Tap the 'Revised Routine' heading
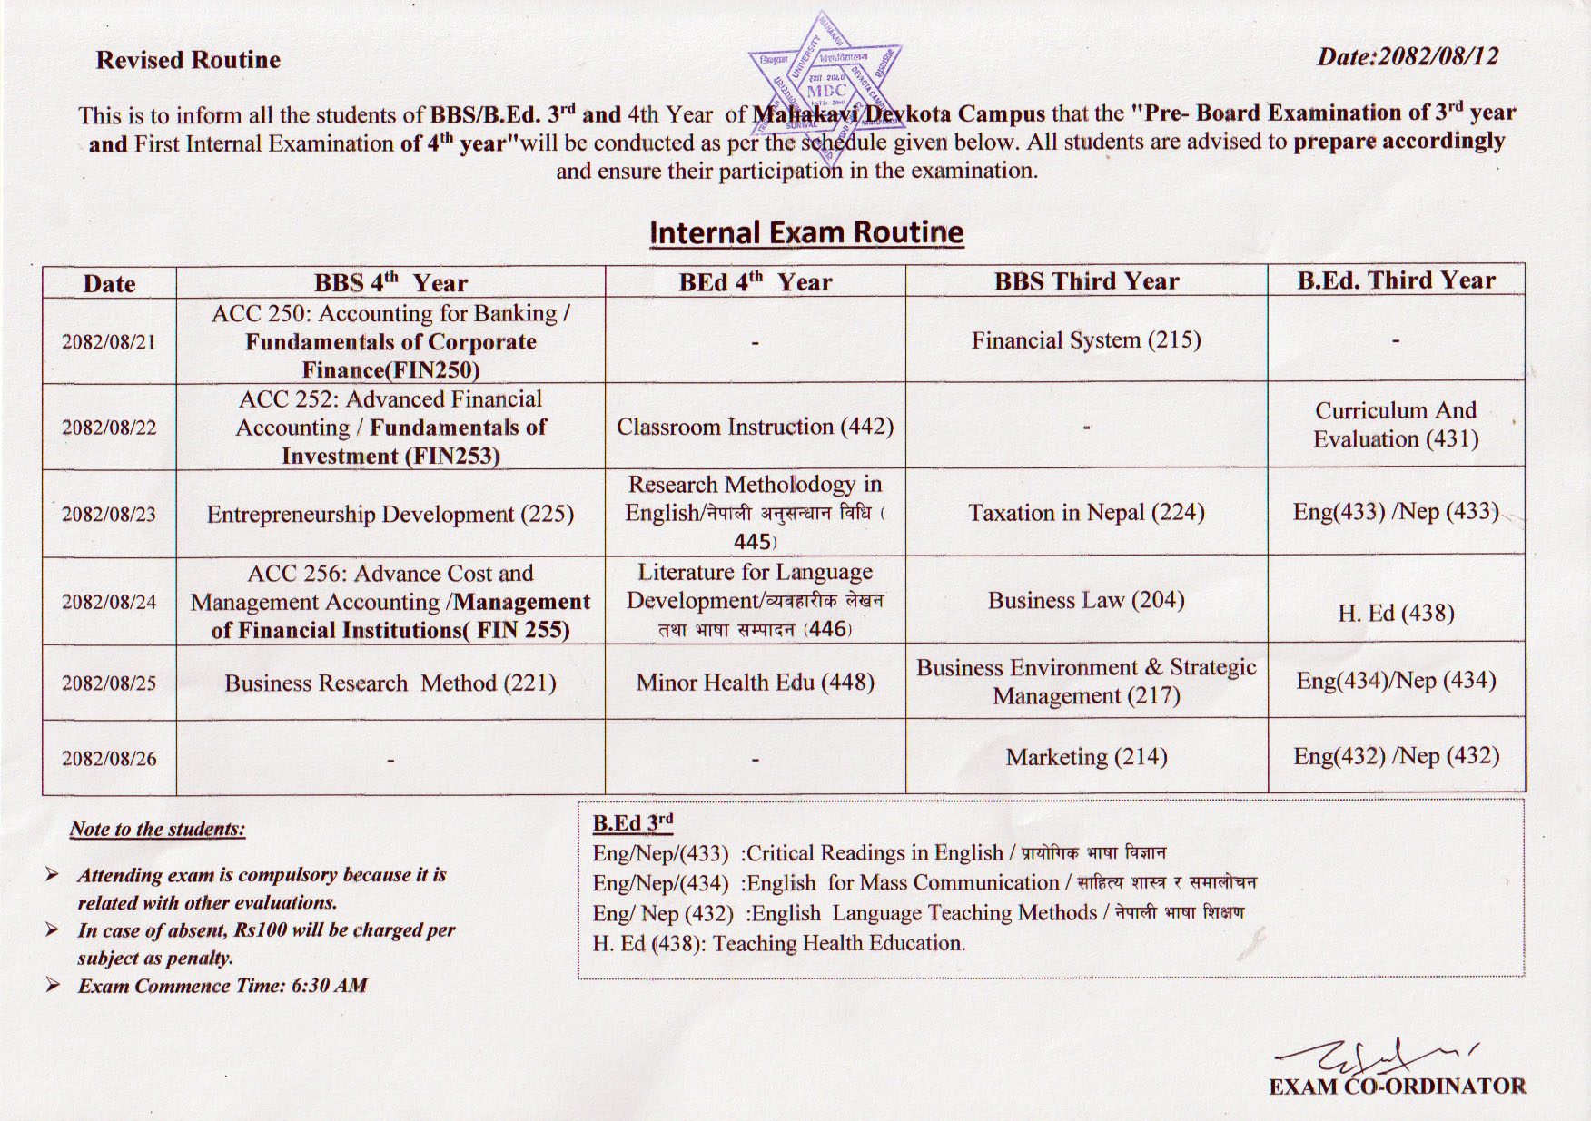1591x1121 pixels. point(188,60)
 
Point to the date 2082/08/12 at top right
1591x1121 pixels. point(1407,56)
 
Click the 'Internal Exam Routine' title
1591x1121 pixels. point(806,232)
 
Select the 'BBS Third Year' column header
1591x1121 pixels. point(1086,281)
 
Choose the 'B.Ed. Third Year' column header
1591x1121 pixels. point(1396,280)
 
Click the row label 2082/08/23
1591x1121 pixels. point(109,515)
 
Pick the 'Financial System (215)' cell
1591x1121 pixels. point(1086,340)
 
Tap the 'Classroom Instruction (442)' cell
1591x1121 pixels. point(755,427)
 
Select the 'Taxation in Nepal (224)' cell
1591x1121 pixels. point(1086,513)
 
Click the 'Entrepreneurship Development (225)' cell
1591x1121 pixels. point(390,515)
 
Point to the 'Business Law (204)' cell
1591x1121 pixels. point(1086,600)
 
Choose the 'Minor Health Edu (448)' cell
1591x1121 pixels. point(755,682)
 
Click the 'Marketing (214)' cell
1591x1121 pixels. point(1086,757)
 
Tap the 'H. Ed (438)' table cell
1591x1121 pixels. point(1396,614)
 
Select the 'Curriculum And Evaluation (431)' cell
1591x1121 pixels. point(1396,425)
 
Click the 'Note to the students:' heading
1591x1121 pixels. point(157,829)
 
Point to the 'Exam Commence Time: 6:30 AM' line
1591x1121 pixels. point(222,986)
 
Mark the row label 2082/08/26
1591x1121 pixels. point(109,759)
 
